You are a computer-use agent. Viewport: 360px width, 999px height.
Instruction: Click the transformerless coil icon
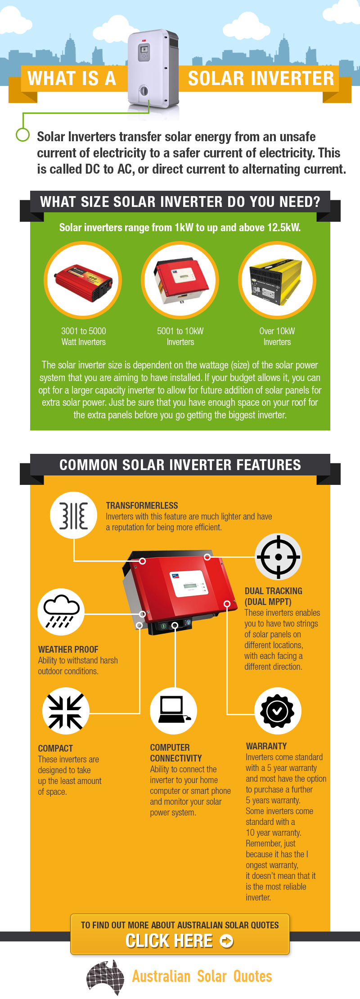(73, 515)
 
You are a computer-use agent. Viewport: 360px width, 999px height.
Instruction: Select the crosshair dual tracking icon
(278, 557)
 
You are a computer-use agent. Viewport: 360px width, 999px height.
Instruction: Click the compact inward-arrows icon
(66, 711)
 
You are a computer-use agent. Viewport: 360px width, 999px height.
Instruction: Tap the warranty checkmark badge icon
(278, 711)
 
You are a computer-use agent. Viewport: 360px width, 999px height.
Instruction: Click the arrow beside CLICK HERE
(227, 941)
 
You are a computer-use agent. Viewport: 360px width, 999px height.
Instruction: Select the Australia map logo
(105, 977)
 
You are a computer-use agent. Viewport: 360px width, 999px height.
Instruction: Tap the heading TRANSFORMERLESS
(142, 506)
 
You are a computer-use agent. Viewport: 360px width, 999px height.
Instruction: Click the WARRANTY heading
(266, 746)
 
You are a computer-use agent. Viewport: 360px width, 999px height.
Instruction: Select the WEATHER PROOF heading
(68, 650)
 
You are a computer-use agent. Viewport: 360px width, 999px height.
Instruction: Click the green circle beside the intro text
(22, 134)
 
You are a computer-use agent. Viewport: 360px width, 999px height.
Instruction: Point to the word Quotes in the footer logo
(252, 977)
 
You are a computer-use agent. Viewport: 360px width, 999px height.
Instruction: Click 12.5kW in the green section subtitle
(283, 228)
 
